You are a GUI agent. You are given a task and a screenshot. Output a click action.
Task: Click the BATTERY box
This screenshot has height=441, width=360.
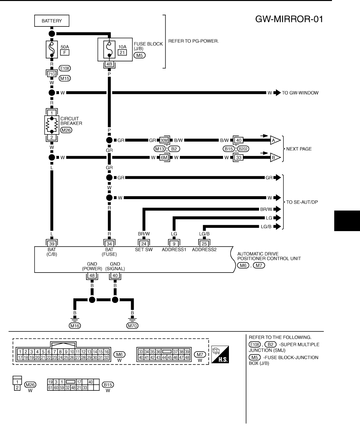click(x=52, y=21)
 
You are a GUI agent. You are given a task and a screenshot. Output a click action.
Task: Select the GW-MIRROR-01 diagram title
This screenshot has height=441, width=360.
click(x=289, y=19)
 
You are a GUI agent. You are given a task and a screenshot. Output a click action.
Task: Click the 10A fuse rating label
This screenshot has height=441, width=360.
click(x=122, y=47)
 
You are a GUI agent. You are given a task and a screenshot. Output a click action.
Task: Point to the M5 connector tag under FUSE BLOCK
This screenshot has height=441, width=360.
click(x=140, y=55)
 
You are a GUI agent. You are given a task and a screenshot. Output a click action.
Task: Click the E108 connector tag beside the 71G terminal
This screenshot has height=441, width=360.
click(x=65, y=69)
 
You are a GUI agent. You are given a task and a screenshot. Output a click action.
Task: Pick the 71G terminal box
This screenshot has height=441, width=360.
click(x=52, y=74)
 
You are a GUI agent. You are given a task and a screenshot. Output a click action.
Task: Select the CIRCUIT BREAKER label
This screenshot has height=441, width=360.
click(x=71, y=121)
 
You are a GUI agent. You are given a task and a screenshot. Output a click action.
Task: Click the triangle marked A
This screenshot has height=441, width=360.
click(x=275, y=140)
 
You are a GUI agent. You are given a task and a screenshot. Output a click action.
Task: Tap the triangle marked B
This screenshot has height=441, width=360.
click(x=275, y=158)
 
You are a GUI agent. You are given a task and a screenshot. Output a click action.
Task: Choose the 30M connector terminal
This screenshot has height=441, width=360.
click(x=164, y=140)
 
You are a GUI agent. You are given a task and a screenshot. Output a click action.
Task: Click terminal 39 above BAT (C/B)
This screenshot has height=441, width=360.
click(x=52, y=243)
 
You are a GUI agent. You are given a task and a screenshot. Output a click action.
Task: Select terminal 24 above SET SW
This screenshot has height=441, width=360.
click(x=143, y=243)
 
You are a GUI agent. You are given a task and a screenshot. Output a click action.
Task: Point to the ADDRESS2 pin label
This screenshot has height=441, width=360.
click(x=204, y=250)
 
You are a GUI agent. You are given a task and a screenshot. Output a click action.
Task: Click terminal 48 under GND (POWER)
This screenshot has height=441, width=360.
click(x=92, y=276)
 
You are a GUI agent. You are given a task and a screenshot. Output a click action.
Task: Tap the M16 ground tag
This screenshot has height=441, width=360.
click(x=75, y=325)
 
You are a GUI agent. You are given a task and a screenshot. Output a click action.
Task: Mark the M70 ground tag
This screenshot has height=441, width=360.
click(x=132, y=325)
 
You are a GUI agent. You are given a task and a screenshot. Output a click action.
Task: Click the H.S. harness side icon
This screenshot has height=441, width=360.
click(x=220, y=354)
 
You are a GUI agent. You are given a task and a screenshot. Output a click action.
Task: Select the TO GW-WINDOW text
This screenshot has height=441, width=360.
click(x=300, y=93)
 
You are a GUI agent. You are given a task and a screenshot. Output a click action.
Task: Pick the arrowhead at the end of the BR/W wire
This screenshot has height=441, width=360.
click(x=277, y=209)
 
